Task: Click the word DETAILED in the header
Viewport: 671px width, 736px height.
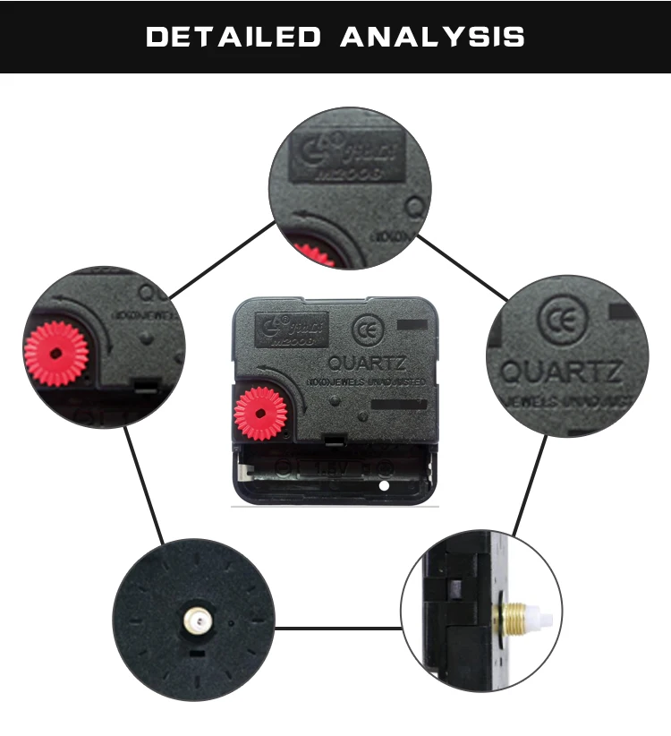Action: (233, 37)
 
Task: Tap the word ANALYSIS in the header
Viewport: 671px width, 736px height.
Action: (432, 37)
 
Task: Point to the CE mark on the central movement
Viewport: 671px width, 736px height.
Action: (364, 328)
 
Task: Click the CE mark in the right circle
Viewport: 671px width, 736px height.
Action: (556, 321)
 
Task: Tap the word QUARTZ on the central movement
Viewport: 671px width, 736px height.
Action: (367, 364)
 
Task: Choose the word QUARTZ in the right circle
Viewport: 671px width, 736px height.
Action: (561, 371)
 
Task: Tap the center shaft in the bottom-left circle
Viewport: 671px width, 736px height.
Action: (194, 618)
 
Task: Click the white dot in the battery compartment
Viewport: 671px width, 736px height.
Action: (385, 487)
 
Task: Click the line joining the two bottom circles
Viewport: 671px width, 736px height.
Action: (337, 628)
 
